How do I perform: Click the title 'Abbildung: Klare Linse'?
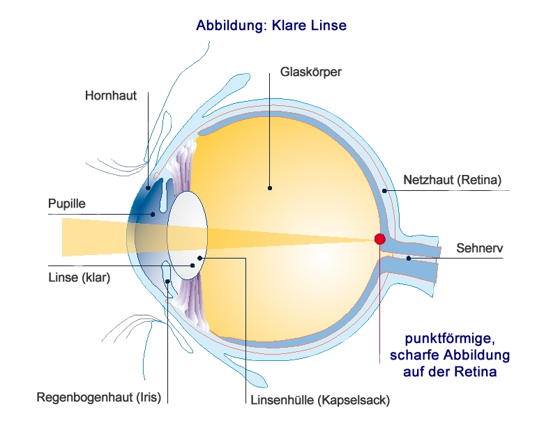271,26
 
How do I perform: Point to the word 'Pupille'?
66,204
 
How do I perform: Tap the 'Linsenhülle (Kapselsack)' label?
319,401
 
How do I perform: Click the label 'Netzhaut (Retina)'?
453,180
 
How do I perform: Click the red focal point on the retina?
379,239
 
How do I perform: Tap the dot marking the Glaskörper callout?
270,187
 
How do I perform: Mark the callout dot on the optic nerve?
409,259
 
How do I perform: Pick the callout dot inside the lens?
199,259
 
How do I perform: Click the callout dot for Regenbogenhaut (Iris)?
168,281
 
